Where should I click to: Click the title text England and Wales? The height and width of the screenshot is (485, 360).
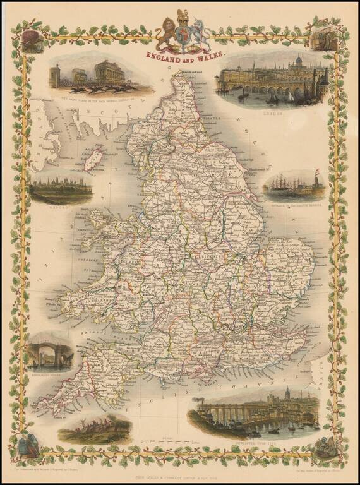coord(184,55)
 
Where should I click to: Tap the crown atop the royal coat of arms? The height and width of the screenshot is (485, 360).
coord(183,16)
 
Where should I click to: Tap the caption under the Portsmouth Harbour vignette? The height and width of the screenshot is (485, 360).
coord(294,203)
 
